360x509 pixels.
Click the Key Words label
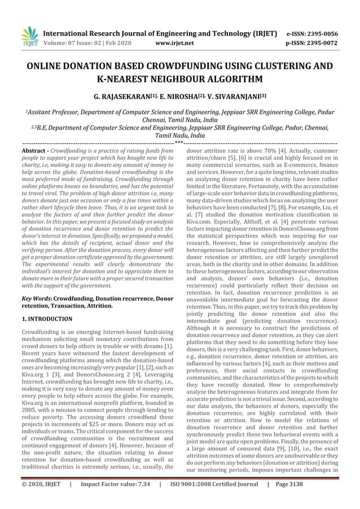pos(33,297)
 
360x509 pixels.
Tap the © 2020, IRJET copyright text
pos(41,499)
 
